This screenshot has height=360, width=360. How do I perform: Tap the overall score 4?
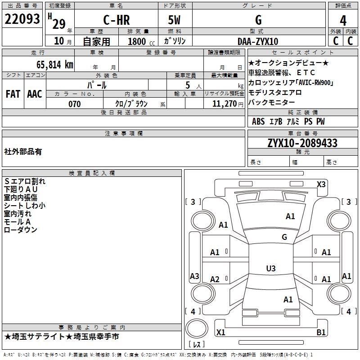(343, 21)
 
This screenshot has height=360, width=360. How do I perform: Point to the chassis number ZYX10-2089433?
(302, 143)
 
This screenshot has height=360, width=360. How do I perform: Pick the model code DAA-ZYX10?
(258, 41)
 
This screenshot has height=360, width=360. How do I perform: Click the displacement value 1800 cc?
(139, 42)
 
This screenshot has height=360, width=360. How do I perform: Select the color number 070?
(74, 104)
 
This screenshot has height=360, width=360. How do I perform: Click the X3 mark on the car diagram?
(321, 184)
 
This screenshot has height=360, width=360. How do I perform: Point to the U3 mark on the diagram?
(270, 269)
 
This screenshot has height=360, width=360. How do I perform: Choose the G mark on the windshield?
(284, 237)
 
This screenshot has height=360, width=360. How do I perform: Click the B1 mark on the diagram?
(321, 333)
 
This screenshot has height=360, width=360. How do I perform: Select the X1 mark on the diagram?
(220, 333)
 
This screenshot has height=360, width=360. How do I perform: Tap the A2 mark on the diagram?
(215, 279)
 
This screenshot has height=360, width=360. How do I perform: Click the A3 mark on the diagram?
(194, 276)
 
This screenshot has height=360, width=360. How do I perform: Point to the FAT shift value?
(13, 94)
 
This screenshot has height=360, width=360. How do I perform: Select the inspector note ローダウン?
(21, 230)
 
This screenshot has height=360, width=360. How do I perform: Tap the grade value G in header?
(258, 20)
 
